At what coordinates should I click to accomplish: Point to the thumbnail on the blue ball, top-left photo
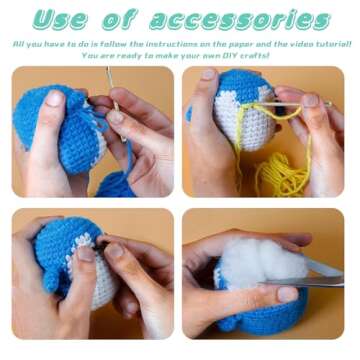(x=53, y=99)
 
